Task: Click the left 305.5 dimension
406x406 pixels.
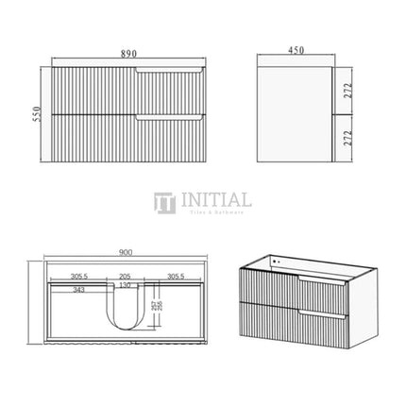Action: [x=84, y=277]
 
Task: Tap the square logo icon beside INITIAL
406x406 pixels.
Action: [x=166, y=204]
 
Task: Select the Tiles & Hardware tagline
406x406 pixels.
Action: [x=219, y=213]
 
